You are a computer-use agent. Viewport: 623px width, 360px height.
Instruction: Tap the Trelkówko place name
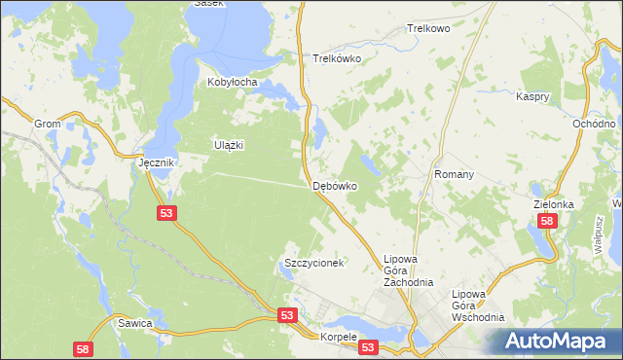click(x=337, y=58)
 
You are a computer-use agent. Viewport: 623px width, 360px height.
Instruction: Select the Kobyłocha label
click(x=232, y=83)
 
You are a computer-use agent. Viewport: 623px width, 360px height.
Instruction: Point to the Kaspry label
click(x=534, y=97)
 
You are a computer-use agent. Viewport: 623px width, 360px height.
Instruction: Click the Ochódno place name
click(x=594, y=125)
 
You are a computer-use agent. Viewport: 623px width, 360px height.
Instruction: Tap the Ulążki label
click(x=228, y=145)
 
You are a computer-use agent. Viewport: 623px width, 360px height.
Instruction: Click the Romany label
click(x=454, y=175)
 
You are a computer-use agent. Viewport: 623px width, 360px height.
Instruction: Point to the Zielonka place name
click(x=556, y=205)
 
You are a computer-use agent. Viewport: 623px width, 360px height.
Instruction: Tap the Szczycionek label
click(x=314, y=264)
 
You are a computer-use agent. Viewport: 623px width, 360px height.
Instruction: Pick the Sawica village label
click(x=134, y=322)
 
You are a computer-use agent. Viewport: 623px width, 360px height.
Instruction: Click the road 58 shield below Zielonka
click(x=547, y=222)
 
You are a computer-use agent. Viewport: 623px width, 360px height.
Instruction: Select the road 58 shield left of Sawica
click(x=84, y=348)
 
